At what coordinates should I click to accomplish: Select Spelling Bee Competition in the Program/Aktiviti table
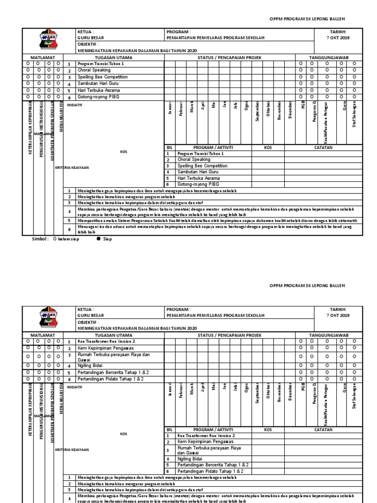tap(202, 166)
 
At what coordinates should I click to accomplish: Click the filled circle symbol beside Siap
tap(99, 240)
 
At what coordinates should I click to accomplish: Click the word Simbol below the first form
tap(40, 240)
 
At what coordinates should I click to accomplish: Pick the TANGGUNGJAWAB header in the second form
tap(328, 335)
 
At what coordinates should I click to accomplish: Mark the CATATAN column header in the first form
tap(323, 147)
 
